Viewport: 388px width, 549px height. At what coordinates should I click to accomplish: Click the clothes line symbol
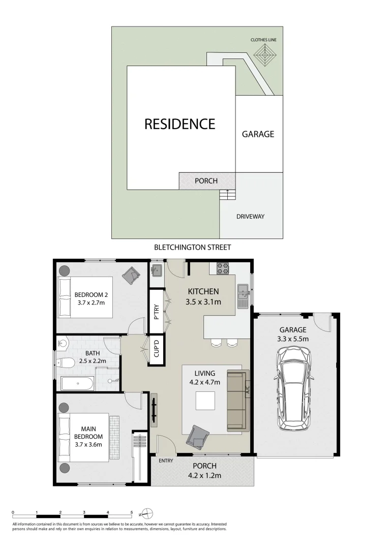click(x=263, y=54)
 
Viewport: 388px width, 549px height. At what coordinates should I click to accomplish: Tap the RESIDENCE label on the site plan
click(x=180, y=124)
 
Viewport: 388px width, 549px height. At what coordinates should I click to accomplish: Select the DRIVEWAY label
click(x=251, y=217)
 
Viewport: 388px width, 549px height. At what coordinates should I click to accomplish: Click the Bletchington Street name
click(x=193, y=248)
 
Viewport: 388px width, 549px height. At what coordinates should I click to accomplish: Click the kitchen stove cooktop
click(x=223, y=268)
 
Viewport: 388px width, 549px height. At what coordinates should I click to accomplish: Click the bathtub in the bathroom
click(x=77, y=383)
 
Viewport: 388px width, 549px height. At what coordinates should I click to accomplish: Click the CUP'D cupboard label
click(x=157, y=349)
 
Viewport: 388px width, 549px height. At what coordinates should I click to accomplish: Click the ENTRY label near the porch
click(x=166, y=461)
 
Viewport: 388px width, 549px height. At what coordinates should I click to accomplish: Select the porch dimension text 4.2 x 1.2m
click(x=204, y=476)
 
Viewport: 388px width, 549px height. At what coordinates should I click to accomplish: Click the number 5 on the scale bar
click(x=132, y=512)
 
